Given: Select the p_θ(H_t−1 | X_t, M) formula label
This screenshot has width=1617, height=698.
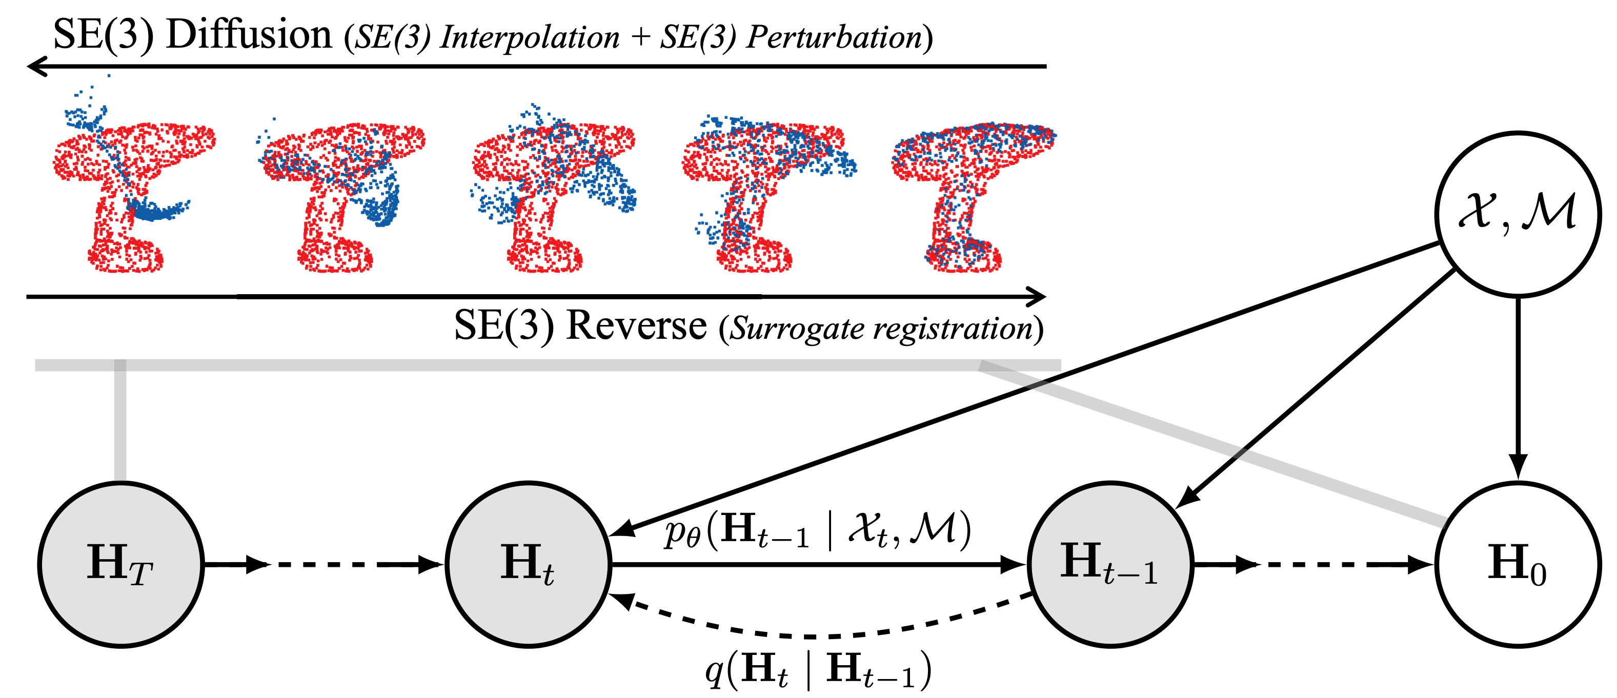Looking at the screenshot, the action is pyautogui.click(x=818, y=530).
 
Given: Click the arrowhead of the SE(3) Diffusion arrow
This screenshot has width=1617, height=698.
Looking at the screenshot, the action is pyautogui.click(x=36, y=66).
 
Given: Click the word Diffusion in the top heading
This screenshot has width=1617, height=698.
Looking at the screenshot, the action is pyautogui.click(x=249, y=34).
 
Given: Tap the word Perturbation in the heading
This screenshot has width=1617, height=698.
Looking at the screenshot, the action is pyautogui.click(x=834, y=36).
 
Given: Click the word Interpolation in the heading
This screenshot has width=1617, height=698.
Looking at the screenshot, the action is pyautogui.click(x=530, y=36).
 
